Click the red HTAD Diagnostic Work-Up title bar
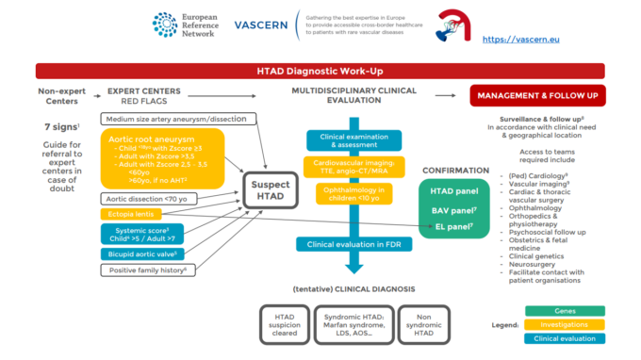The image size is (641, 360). coord(320,71)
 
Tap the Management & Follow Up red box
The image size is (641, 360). coord(537,95)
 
